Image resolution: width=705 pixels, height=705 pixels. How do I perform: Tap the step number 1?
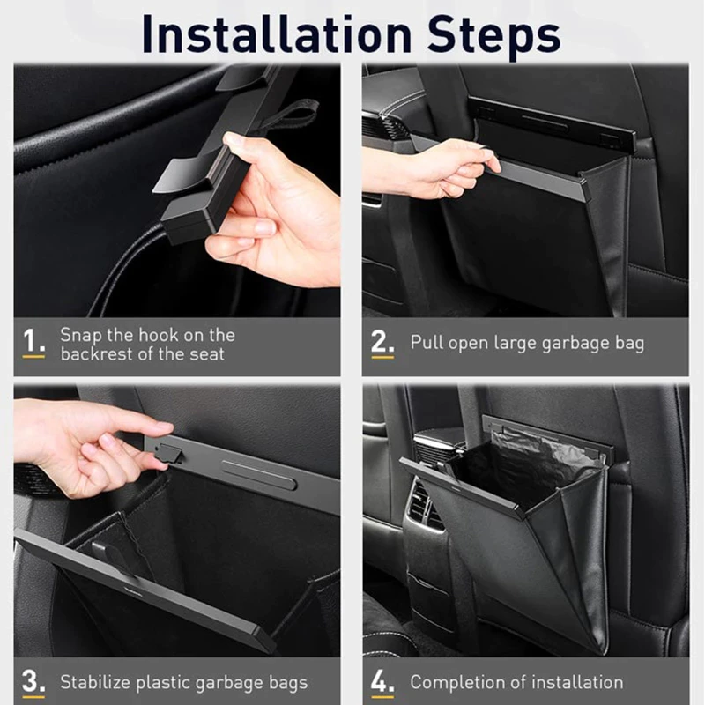[x=33, y=344]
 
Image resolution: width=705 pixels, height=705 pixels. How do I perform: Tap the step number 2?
[x=382, y=342]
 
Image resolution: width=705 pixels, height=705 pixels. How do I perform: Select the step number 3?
[x=33, y=681]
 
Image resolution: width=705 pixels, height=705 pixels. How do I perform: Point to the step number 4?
[x=382, y=681]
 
